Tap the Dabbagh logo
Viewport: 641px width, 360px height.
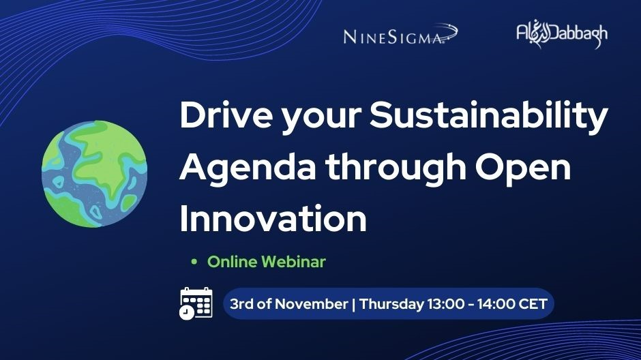pyautogui.click(x=562, y=35)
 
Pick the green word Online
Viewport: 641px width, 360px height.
pyautogui.click(x=232, y=262)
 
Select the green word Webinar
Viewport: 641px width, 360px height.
pyautogui.click(x=293, y=262)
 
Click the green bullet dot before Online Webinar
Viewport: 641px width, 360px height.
pyautogui.click(x=194, y=262)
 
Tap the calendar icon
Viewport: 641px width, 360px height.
pyautogui.click(x=196, y=303)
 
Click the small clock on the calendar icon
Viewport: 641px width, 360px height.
pyautogui.click(x=186, y=312)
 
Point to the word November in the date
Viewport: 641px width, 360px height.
pyautogui.click(x=311, y=304)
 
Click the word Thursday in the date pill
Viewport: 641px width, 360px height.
pyautogui.click(x=391, y=304)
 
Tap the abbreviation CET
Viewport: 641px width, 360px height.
pyautogui.click(x=533, y=304)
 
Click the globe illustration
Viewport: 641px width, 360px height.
pyautogui.click(x=95, y=174)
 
